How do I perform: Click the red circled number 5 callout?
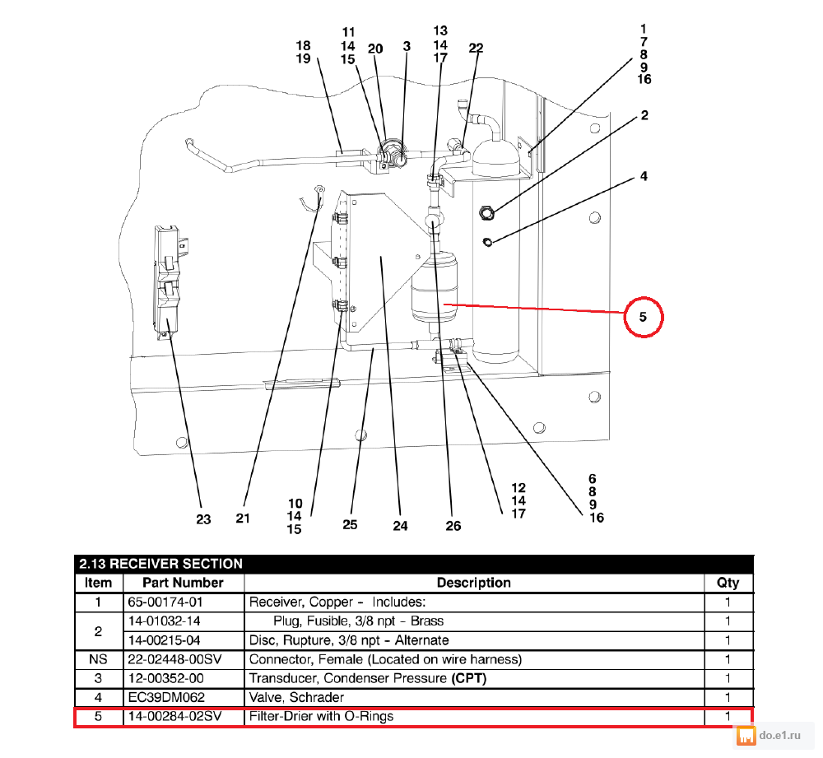click(644, 316)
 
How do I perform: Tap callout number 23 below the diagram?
click(203, 519)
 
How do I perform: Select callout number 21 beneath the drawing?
click(242, 518)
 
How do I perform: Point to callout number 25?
click(350, 524)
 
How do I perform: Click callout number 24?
click(400, 525)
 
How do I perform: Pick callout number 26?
click(453, 526)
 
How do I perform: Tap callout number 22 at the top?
click(476, 48)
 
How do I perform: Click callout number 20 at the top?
click(375, 49)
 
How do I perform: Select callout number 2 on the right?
click(644, 115)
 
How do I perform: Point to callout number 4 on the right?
click(644, 176)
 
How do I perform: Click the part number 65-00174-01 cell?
click(161, 602)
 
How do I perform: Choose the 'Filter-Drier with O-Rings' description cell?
click(322, 716)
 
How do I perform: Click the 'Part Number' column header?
click(184, 583)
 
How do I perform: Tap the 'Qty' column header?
click(728, 583)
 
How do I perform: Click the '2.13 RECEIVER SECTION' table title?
click(161, 564)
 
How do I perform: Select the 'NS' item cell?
click(99, 659)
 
